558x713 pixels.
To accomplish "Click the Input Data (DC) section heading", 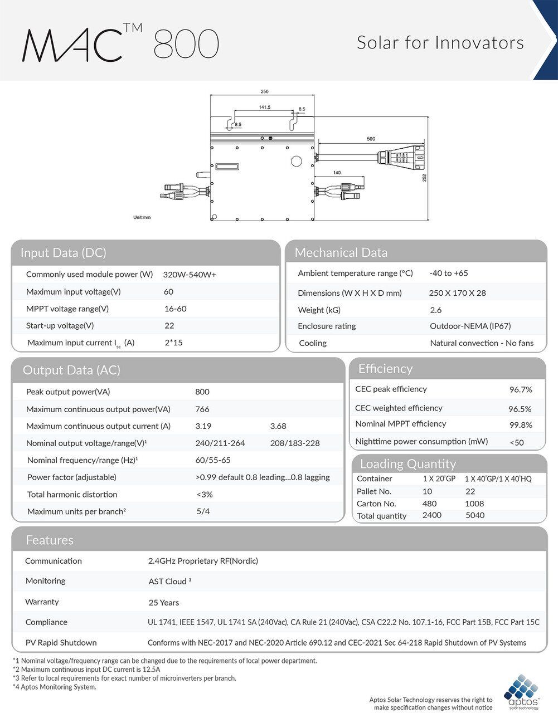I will pyautogui.click(x=63, y=253).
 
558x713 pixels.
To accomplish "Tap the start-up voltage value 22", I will pyautogui.click(x=169, y=326).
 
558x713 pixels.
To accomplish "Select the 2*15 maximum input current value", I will pyautogui.click(x=173, y=343).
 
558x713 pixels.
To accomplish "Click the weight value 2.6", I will pyautogui.click(x=435, y=310).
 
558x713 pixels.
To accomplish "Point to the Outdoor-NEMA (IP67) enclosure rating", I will pyautogui.click(x=470, y=326).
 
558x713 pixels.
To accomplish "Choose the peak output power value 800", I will pyautogui.click(x=202, y=392).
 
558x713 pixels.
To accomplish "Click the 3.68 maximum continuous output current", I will pyautogui.click(x=278, y=426).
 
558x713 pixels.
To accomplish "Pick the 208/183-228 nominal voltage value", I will pyautogui.click(x=295, y=443).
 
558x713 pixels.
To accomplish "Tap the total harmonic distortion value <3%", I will pyautogui.click(x=205, y=495).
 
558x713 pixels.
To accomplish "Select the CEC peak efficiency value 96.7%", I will pyautogui.click(x=521, y=390).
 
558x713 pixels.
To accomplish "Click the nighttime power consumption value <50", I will pyautogui.click(x=517, y=443).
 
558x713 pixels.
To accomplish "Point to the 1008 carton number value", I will pyautogui.click(x=474, y=504).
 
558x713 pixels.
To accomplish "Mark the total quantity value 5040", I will pyautogui.click(x=475, y=515).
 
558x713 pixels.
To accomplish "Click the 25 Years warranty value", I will pyautogui.click(x=164, y=603).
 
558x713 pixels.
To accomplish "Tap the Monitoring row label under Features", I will pyautogui.click(x=45, y=581).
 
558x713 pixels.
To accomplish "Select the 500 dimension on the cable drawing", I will pyautogui.click(x=371, y=139).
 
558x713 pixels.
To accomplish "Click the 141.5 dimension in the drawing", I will pyautogui.click(x=264, y=107).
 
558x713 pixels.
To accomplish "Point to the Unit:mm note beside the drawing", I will pyautogui.click(x=142, y=217).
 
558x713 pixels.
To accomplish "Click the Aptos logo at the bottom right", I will pyautogui.click(x=522, y=691).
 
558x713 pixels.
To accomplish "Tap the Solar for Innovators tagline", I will pyautogui.click(x=440, y=43).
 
